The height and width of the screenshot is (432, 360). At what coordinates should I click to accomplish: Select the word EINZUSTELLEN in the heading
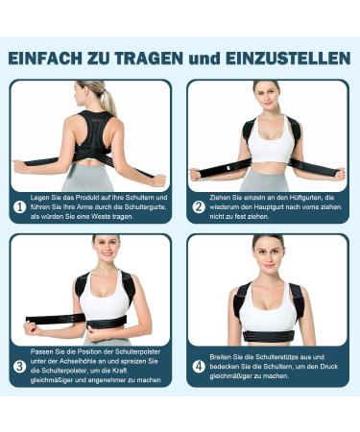(x=293, y=59)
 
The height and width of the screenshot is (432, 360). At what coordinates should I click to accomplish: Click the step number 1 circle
(x=20, y=205)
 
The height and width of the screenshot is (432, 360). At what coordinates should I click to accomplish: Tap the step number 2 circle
(x=199, y=205)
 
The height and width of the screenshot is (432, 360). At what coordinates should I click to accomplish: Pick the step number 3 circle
(x=20, y=365)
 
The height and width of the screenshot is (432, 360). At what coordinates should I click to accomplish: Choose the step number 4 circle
(x=199, y=365)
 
